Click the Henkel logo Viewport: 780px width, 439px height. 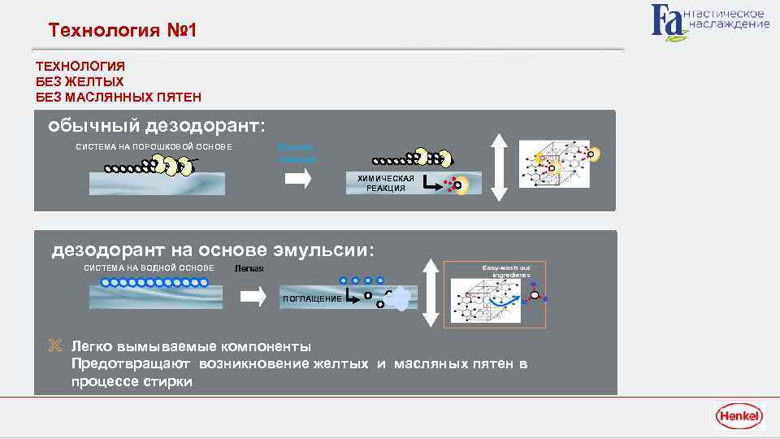point(739,417)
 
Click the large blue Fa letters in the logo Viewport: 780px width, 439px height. point(668,21)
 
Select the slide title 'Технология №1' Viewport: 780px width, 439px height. point(122,31)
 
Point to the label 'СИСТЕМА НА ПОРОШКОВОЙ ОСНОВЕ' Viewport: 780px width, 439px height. point(154,146)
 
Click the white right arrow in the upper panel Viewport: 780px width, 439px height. point(298,180)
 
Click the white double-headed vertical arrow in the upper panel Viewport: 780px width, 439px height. point(500,167)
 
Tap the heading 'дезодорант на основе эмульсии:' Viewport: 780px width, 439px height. point(214,250)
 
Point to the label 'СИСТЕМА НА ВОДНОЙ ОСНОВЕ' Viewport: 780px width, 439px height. point(149,268)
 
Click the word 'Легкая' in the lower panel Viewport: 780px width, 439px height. point(249,269)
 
